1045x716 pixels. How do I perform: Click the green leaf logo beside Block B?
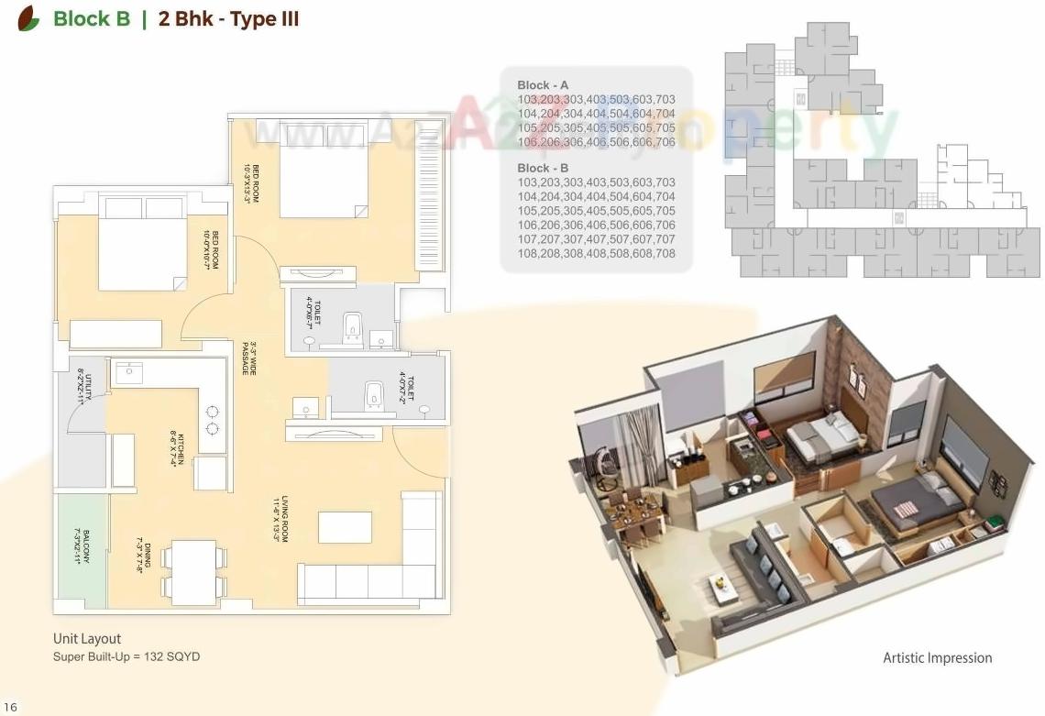pos(29,18)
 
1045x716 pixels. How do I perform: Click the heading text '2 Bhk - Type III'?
pos(228,19)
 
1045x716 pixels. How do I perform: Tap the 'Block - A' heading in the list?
pos(543,85)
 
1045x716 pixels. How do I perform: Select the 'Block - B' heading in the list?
pos(543,169)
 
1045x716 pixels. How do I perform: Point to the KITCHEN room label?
pos(176,447)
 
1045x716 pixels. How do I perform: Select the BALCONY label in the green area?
pos(84,547)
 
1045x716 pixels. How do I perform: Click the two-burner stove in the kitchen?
pos(213,420)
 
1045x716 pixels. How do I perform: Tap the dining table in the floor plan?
pos(193,573)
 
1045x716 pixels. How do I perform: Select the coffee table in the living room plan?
pos(345,527)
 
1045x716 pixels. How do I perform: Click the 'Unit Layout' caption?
pos(87,639)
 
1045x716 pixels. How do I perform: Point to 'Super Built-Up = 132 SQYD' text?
pos(126,656)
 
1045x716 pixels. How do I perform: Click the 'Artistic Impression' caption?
pos(937,657)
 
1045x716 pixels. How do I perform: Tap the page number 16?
pos(10,707)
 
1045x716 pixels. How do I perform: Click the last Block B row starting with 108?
pos(596,253)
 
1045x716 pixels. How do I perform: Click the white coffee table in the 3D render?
pos(725,586)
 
